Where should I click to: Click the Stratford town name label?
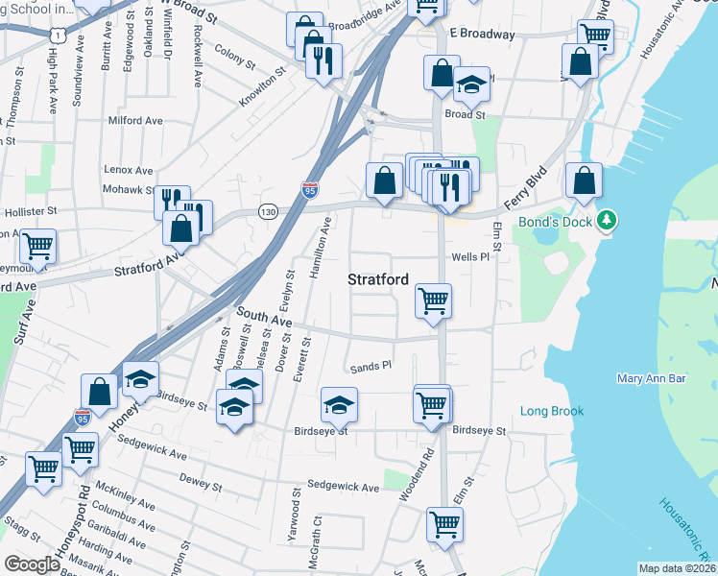(377, 279)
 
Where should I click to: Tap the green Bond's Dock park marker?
(606, 222)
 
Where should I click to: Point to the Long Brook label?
(552, 411)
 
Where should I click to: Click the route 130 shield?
(268, 211)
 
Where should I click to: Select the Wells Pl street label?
(470, 257)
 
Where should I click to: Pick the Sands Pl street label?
(371, 366)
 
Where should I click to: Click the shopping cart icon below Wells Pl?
(433, 300)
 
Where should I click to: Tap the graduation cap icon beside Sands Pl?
(339, 404)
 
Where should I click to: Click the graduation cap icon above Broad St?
(471, 84)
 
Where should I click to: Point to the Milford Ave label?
(136, 121)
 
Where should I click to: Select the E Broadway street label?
(482, 34)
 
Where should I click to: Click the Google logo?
(32, 564)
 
